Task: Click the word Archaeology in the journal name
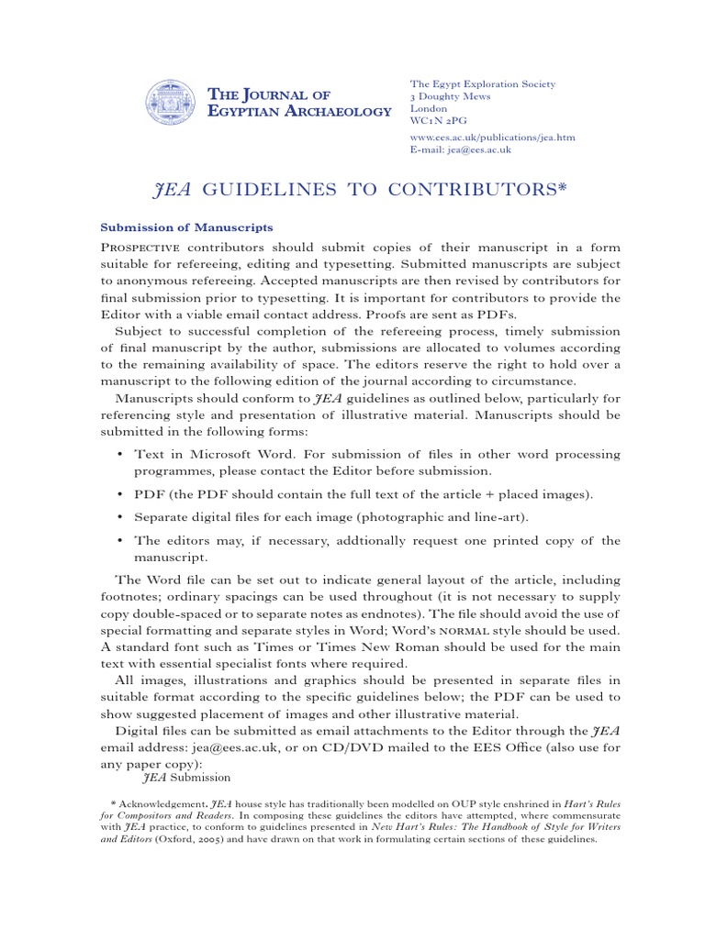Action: coord(339,112)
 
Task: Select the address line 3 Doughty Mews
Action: coord(450,96)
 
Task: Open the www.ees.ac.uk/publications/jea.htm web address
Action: coord(492,137)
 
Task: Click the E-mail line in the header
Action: coord(460,149)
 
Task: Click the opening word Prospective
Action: coord(142,248)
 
